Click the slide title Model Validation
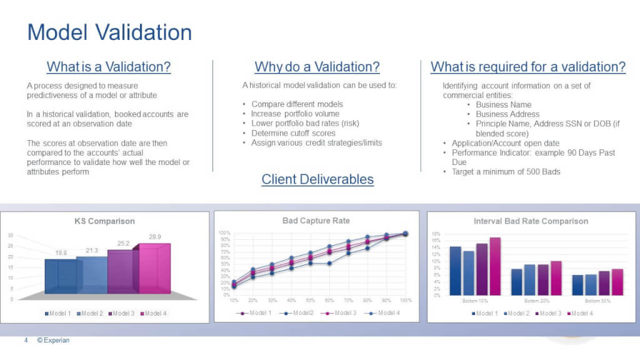pos(109,32)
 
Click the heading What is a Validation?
pos(109,67)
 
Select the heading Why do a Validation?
pos(317,67)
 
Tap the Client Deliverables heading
pos(317,179)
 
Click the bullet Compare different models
pos(297,104)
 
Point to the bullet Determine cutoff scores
pos(296,133)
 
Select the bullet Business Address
pos(507,114)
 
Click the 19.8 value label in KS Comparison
pos(61,252)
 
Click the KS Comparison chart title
pos(104,221)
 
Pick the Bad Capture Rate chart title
pos(316,221)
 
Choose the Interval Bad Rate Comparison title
pos(531,221)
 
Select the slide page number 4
pos(26,341)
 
